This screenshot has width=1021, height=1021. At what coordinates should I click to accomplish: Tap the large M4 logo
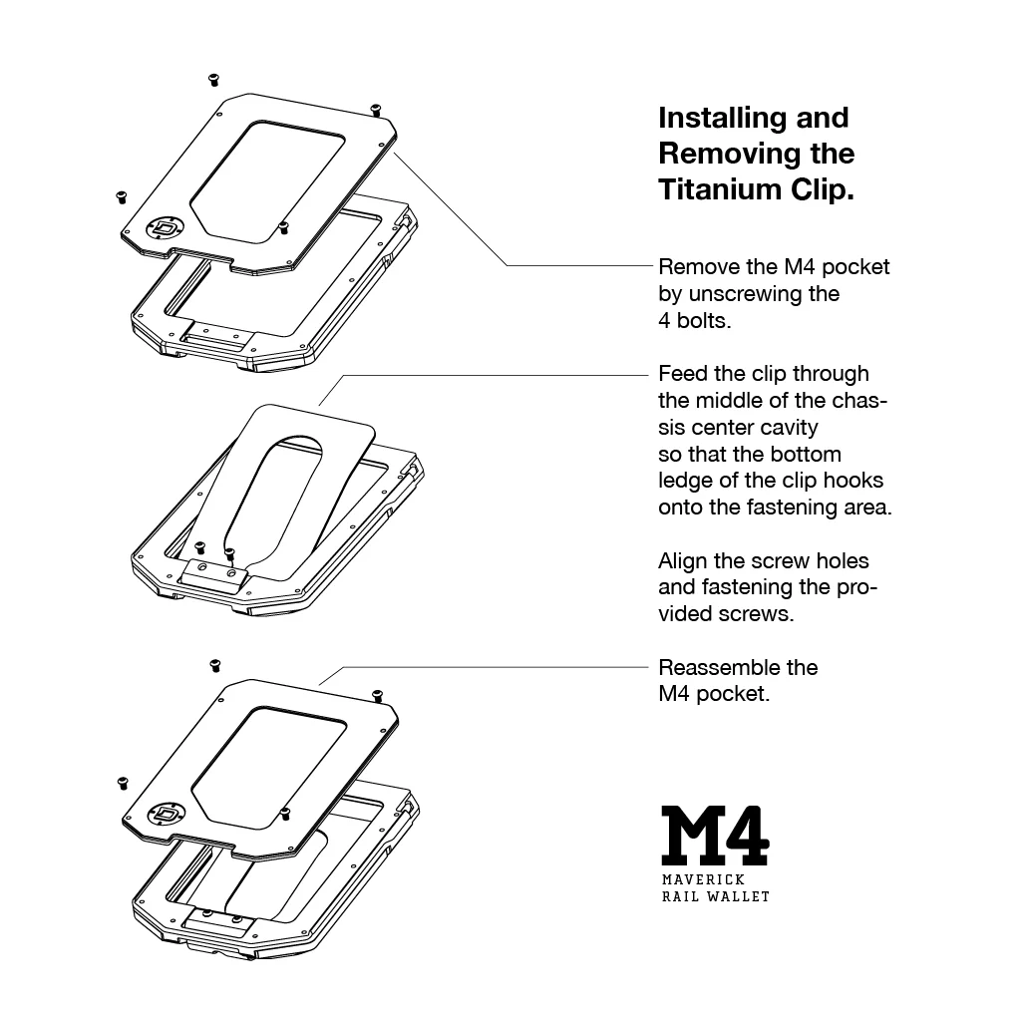tap(715, 835)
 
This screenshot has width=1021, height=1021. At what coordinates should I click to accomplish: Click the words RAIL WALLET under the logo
tap(715, 896)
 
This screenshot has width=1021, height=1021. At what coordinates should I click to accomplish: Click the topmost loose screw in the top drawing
tap(211, 78)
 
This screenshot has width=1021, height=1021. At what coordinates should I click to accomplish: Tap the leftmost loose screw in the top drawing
tap(122, 195)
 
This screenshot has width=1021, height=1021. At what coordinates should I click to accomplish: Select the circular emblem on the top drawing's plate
tap(164, 228)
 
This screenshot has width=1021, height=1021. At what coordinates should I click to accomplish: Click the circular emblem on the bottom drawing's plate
tap(164, 815)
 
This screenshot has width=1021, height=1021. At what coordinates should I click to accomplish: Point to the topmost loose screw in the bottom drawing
tap(213, 665)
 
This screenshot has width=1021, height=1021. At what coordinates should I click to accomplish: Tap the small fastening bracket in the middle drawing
tap(214, 572)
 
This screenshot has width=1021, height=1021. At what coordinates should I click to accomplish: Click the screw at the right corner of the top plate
tap(375, 108)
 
